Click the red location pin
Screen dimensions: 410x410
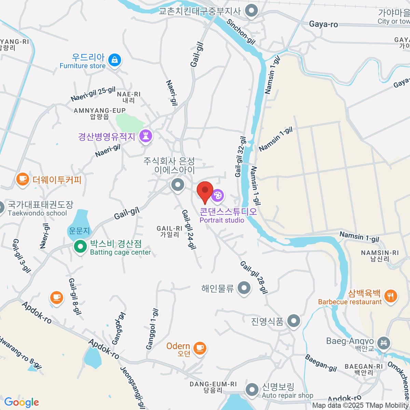pos(205,191)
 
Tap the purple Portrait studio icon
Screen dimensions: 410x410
pos(218,196)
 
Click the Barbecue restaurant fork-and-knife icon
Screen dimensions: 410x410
pos(390,296)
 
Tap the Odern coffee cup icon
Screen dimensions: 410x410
pos(200,348)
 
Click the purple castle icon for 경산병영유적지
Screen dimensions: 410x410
pos(146,136)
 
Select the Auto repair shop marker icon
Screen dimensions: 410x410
pos(252,390)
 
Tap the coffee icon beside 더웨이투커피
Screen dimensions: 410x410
pos(23,179)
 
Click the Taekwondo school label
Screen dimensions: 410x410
pos(37,213)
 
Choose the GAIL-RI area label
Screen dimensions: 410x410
pos(169,231)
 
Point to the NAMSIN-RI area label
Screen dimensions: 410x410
pos(380,256)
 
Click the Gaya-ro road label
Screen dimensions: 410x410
pos(323,24)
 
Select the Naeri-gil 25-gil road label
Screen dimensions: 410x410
pos(93,94)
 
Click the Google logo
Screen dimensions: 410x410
pos(21,402)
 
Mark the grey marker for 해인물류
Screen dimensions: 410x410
pos(244,288)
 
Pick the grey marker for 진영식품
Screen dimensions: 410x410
pos(293,321)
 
